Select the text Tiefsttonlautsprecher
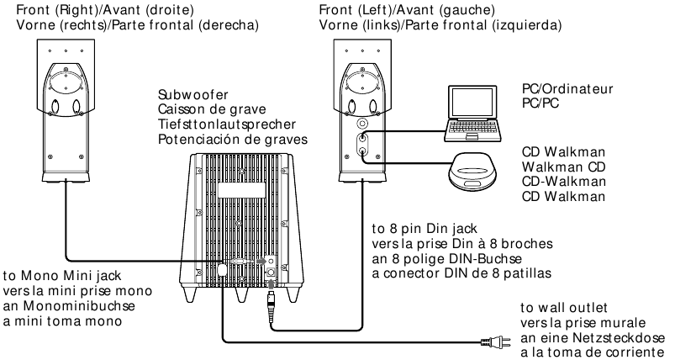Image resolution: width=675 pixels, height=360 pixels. point(221,124)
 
